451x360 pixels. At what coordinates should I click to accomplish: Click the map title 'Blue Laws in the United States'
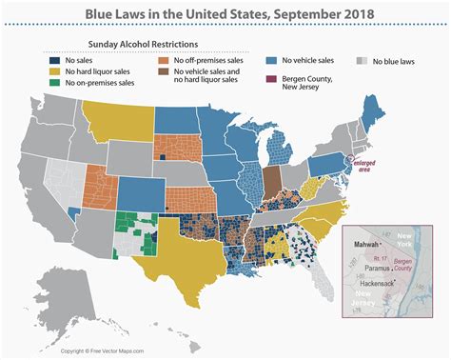click(x=225, y=14)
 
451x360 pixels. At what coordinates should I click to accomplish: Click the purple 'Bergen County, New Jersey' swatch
click(x=272, y=78)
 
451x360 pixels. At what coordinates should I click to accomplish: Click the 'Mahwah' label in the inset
click(x=367, y=243)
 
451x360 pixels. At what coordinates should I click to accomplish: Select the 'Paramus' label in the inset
click(x=382, y=269)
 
